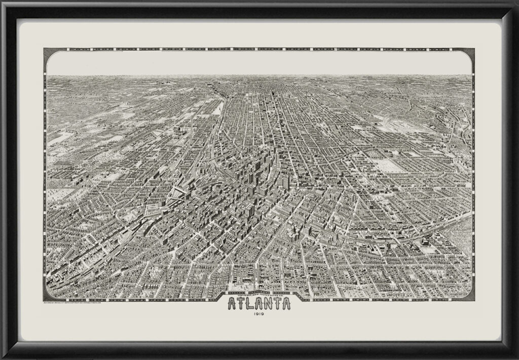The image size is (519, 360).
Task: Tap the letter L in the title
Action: tap(252, 304)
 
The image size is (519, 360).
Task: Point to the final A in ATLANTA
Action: tap(287, 304)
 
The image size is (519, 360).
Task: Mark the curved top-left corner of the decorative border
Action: tap(48, 52)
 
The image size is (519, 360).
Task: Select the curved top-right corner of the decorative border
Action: tap(471, 52)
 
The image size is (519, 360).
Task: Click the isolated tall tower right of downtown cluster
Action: tap(287, 181)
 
